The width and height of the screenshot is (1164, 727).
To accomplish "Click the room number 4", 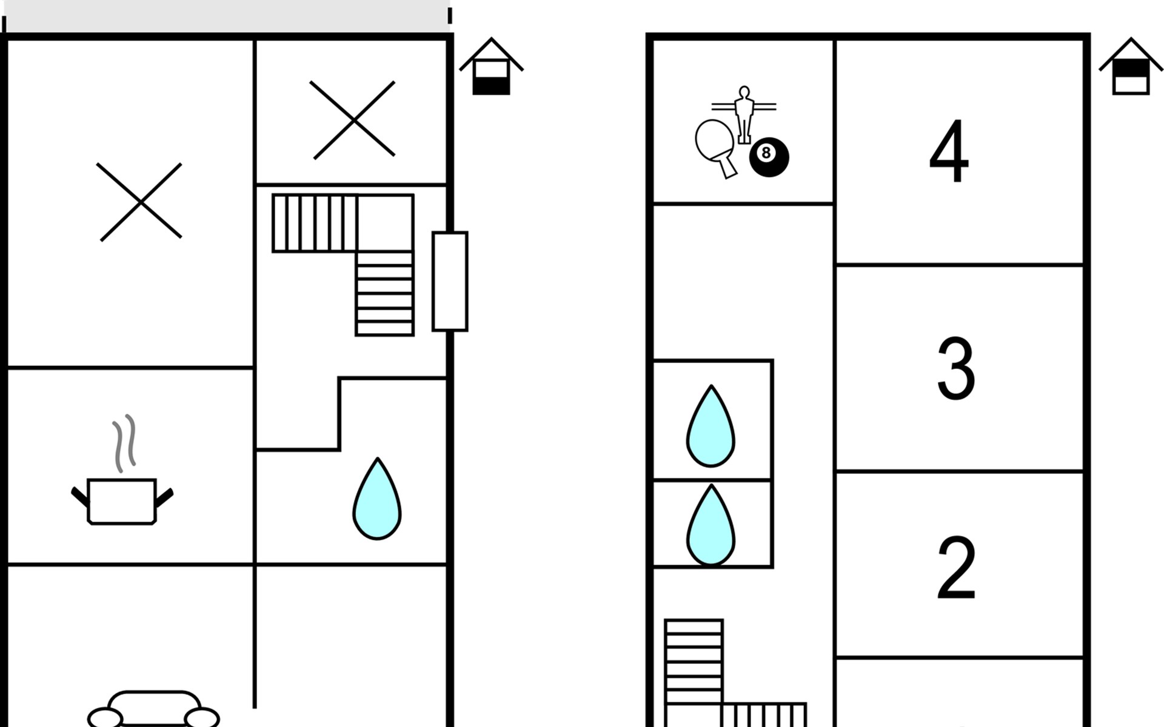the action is pos(949,151).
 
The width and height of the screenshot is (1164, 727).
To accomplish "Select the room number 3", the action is pos(956,368).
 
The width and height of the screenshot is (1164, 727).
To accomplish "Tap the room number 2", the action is pos(956,568).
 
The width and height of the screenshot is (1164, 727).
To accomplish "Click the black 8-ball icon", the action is pos(769,157).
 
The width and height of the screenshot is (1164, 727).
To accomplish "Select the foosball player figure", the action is pos(744,115).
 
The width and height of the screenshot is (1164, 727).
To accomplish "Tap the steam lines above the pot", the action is pos(124,443).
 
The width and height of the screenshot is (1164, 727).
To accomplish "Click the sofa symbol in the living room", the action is pos(153,709).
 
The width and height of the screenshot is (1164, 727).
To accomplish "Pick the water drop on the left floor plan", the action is pos(377,499).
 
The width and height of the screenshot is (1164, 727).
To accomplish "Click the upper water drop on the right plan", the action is pos(711,427).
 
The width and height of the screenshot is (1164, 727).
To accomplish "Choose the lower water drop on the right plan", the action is pos(711,525).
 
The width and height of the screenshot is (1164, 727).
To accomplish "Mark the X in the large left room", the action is pos(141,202).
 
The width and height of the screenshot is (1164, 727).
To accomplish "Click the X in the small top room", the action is pos(353,120).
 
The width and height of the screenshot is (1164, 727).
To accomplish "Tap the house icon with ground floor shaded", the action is pos(491,67).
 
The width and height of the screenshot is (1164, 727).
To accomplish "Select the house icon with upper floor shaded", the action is pos(1131,67).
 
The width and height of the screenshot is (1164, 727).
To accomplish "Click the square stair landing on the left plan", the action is pos(385,223).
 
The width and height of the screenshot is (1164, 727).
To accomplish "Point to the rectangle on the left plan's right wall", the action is pos(450,281).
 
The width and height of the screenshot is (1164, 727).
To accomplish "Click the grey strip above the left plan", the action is pos(227,16).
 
